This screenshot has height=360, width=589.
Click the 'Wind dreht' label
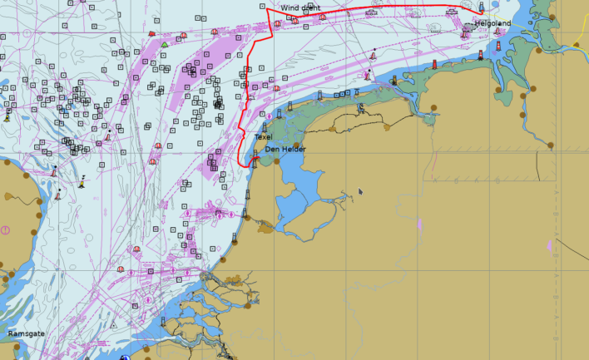point(299,7)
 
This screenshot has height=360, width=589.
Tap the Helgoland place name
point(492,23)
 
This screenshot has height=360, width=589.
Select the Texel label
point(263,136)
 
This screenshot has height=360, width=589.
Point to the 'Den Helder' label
point(285,150)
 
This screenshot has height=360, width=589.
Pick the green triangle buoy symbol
point(166,44)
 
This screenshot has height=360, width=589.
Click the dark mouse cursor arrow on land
point(360,191)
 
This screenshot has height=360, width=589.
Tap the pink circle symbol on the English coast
point(5,229)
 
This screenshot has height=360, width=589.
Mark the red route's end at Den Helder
point(253,163)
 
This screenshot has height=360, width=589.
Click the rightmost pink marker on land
point(549,245)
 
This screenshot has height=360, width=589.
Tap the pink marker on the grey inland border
point(420,224)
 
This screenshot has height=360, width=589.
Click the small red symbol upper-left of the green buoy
point(151,34)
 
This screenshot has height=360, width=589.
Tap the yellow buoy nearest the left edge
point(7,117)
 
